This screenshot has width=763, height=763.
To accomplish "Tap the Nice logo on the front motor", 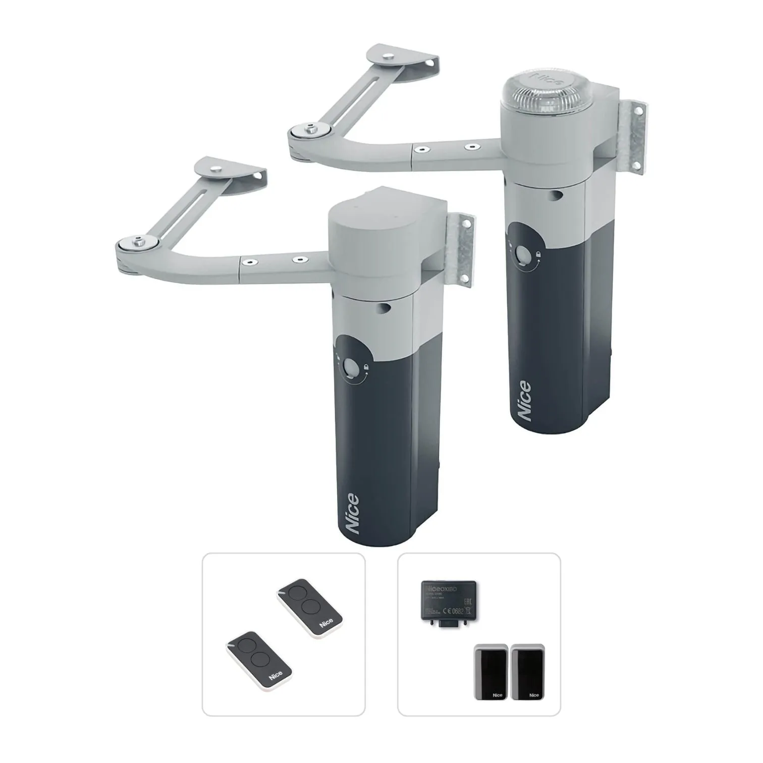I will click(351, 514).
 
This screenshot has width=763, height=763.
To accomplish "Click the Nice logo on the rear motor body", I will click(524, 401).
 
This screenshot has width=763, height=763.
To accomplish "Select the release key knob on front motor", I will click(349, 367).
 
